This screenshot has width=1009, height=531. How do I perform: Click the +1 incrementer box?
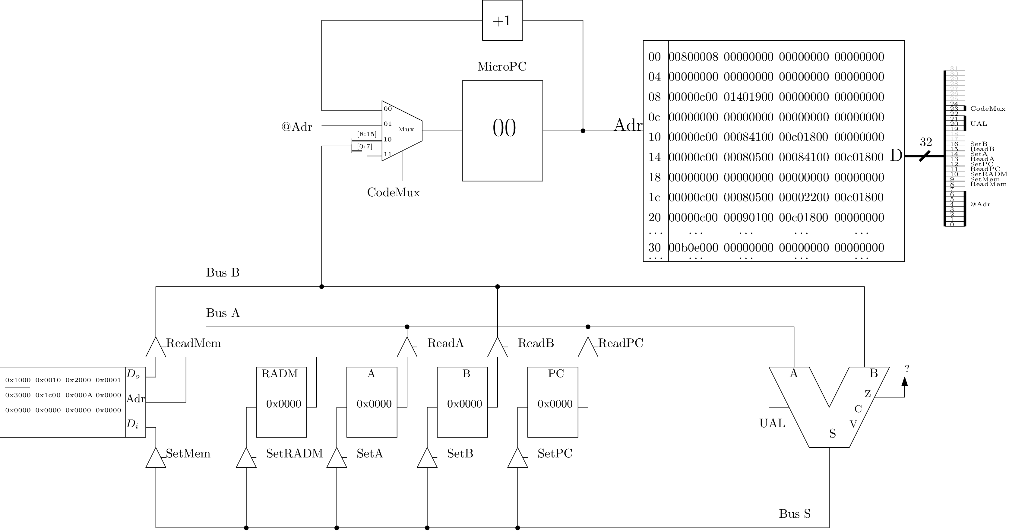(502, 21)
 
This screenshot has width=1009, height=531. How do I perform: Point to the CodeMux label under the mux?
(393, 193)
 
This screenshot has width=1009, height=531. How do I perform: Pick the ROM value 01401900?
(748, 97)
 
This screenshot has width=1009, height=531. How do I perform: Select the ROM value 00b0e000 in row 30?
(693, 248)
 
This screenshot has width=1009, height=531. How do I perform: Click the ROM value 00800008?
(693, 57)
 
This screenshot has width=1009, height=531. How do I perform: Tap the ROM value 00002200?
(804, 197)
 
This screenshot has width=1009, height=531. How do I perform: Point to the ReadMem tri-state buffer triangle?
(156, 348)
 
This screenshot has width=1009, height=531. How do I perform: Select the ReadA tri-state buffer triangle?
(407, 348)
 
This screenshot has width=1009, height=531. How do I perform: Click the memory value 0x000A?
(79, 395)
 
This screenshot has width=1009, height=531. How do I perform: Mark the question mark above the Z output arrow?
(907, 368)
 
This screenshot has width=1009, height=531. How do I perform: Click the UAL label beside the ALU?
(772, 423)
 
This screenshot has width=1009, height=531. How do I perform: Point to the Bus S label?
(794, 514)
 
